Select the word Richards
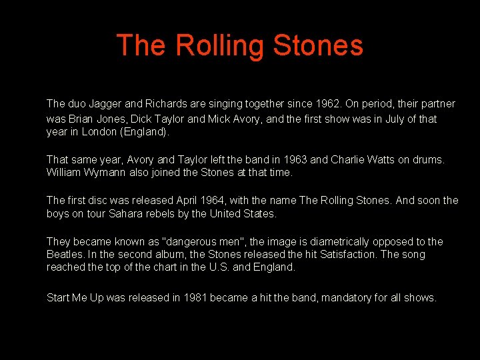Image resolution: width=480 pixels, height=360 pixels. [167, 104]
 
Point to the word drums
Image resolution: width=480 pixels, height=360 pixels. [429, 160]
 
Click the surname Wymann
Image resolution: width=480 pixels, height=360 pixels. [109, 173]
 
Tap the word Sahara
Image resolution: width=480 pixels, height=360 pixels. [139, 214]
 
